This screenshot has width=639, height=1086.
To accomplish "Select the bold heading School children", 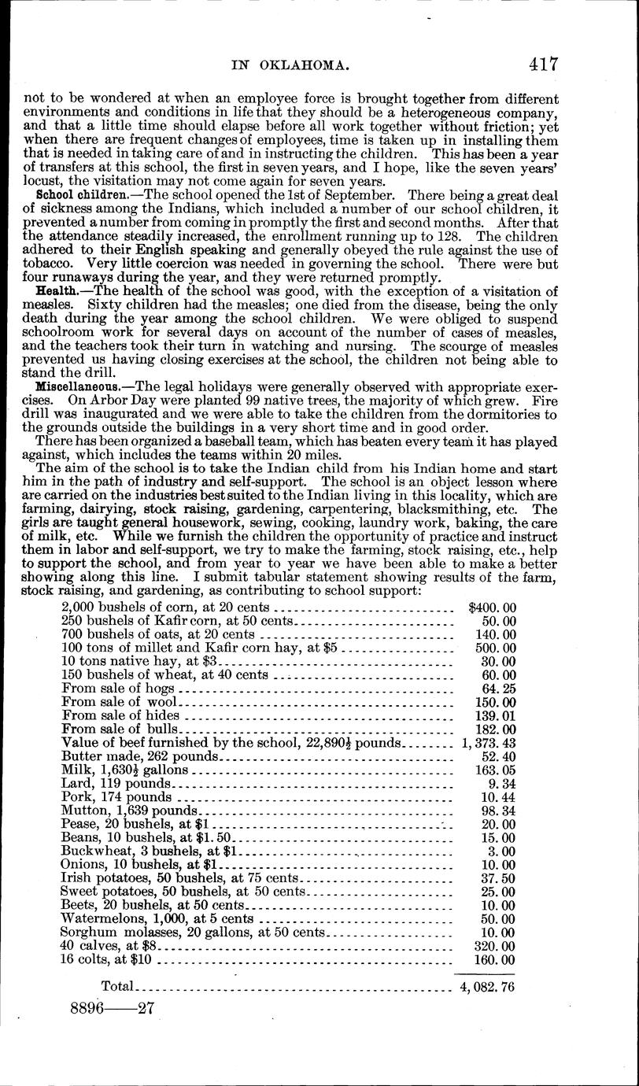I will click(x=76, y=194).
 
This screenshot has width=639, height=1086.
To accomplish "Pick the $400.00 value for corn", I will click(x=492, y=608).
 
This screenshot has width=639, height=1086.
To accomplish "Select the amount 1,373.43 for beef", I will click(x=486, y=743).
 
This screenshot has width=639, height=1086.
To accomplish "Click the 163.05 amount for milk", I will click(x=497, y=770).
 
